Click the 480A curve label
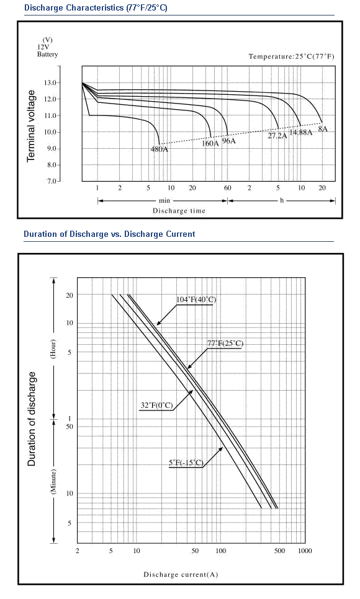tap(159, 149)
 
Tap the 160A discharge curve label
tap(210, 143)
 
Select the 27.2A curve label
tap(277, 136)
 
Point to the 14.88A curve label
tap(300, 133)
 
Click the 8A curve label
tap(323, 129)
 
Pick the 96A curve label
tap(229, 141)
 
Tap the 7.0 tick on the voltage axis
tap(52, 181)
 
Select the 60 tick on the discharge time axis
tap(228, 188)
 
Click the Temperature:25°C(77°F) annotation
tap(291, 56)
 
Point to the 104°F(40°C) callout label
tap(196, 300)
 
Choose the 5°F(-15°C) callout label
tap(186, 463)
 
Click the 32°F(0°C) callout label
tap(156, 406)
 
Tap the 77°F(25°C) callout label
tap(225, 344)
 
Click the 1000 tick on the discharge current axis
tap(305, 551)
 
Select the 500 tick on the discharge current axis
tap(280, 551)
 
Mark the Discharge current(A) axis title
tap(181, 575)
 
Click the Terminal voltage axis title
tap(31, 126)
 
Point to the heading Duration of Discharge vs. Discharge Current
tap(109, 234)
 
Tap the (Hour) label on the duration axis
tap(53, 348)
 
